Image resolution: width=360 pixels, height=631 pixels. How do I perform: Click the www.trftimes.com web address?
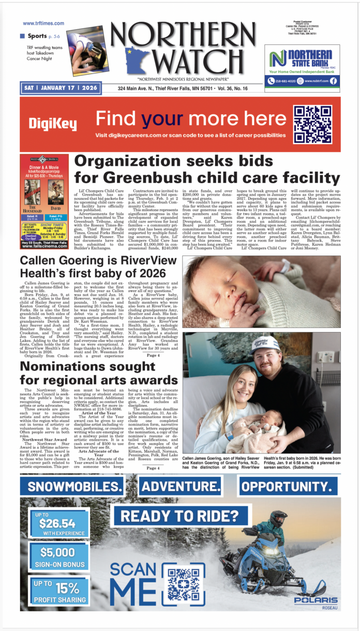(x=43, y=23)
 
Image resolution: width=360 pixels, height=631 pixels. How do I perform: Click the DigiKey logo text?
(x=52, y=124)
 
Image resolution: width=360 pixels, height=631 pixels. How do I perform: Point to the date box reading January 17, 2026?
(x=61, y=88)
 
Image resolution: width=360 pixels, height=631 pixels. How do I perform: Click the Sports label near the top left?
(x=36, y=36)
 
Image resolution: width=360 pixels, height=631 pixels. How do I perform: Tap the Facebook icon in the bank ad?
(x=333, y=81)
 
